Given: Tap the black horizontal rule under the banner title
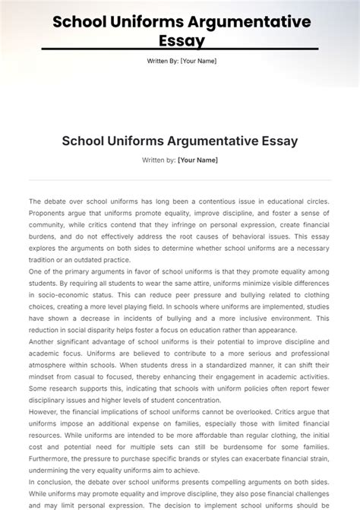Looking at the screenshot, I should click(x=179, y=50).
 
